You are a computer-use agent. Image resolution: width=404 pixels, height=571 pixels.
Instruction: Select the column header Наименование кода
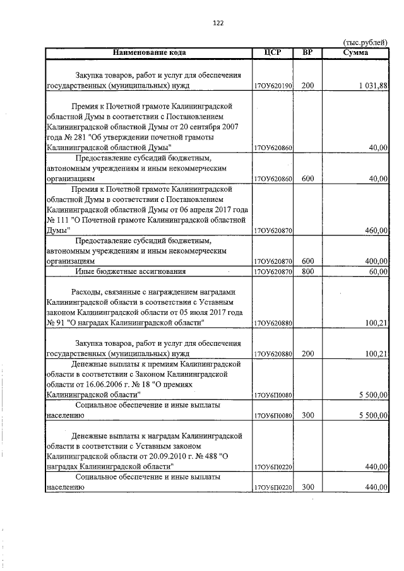pos(150,52)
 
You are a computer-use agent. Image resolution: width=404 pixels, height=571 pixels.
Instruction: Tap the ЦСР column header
pos(273,52)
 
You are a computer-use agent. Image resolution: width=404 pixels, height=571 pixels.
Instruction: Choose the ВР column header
pos(307,52)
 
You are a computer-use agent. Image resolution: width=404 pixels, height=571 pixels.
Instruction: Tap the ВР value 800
pos(307,271)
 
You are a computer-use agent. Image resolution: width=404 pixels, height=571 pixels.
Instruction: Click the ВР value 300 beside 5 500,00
pos(307,416)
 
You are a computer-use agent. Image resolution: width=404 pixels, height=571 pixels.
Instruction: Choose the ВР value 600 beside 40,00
pos(307,179)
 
